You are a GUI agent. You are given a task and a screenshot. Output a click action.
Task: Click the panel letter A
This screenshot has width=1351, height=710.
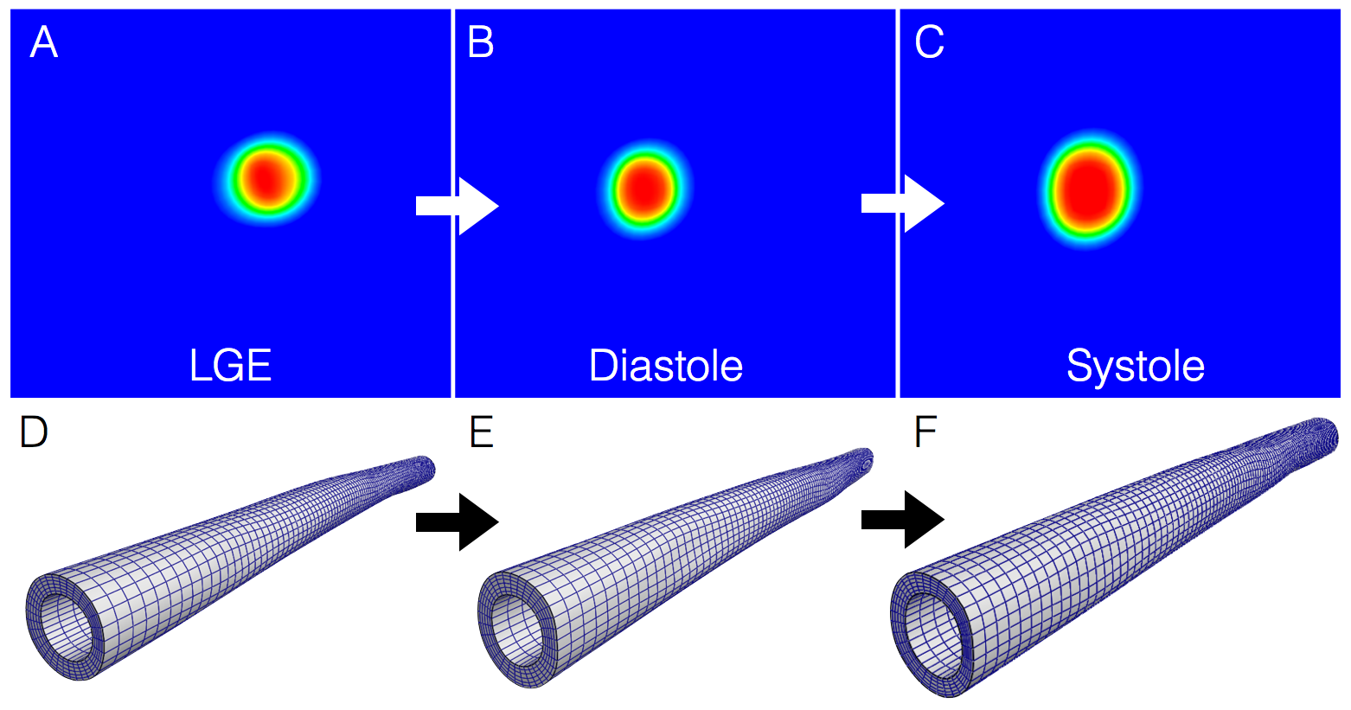pyautogui.click(x=43, y=42)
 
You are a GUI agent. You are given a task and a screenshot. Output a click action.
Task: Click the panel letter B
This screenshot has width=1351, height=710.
pyautogui.click(x=480, y=42)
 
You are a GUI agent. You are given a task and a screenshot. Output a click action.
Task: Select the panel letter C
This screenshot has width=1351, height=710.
pyautogui.click(x=929, y=42)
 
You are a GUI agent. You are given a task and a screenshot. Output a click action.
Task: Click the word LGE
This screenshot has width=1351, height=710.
pyautogui.click(x=230, y=366)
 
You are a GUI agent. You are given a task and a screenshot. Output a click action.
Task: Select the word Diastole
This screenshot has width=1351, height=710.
pyautogui.click(x=665, y=366)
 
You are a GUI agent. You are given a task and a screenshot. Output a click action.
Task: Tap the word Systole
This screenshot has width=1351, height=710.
pyautogui.click(x=1135, y=366)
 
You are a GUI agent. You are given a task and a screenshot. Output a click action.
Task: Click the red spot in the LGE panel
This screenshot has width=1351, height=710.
pyautogui.click(x=268, y=178)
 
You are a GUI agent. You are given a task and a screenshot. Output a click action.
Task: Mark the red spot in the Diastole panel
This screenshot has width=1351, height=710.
pyautogui.click(x=643, y=189)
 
